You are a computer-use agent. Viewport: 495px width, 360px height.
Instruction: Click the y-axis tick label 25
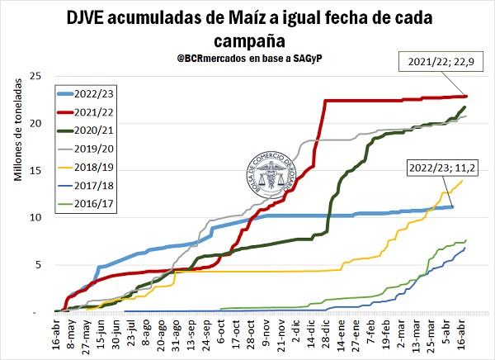35,77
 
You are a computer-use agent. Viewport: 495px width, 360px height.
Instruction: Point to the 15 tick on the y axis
35,171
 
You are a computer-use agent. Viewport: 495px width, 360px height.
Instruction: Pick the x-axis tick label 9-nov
266,335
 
